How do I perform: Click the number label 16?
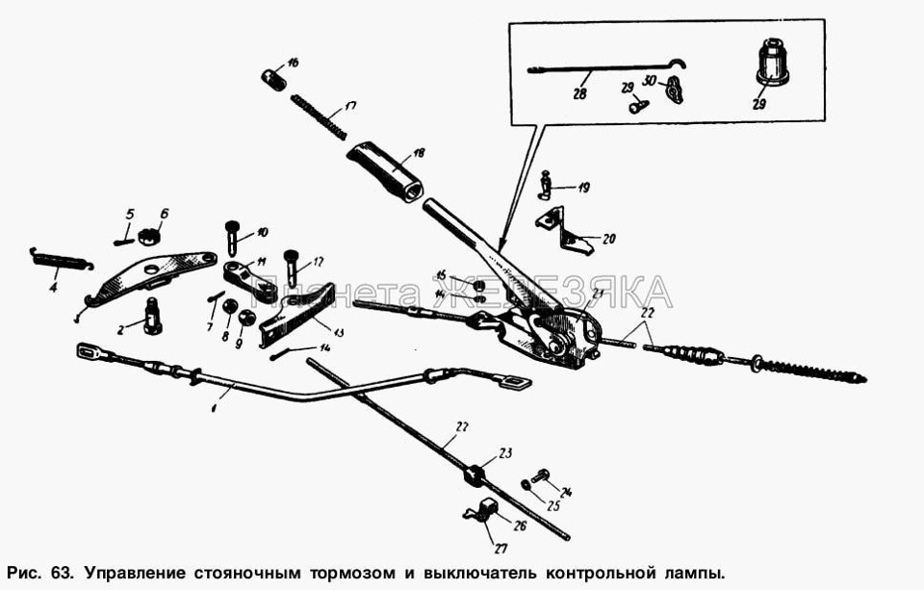293,62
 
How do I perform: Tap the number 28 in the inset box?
579,94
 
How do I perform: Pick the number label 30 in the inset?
650,80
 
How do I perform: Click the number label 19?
584,188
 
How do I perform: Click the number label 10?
262,232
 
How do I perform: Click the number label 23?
506,452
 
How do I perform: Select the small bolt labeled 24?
540,475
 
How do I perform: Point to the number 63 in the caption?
61,572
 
